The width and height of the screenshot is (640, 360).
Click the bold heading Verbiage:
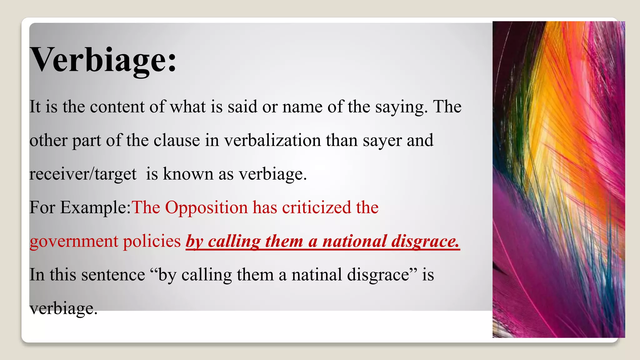point(103,60)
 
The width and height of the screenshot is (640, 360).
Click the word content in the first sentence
point(117,107)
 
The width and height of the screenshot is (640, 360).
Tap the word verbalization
point(272,140)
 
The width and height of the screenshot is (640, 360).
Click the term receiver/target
point(83,174)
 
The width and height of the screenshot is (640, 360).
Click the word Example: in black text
point(95,207)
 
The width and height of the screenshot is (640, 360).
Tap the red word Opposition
point(206,207)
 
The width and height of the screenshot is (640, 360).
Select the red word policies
point(152,242)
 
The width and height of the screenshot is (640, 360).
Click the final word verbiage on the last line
point(63,308)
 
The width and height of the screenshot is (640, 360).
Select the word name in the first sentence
point(302,107)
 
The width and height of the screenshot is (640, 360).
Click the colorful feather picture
point(558,179)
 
